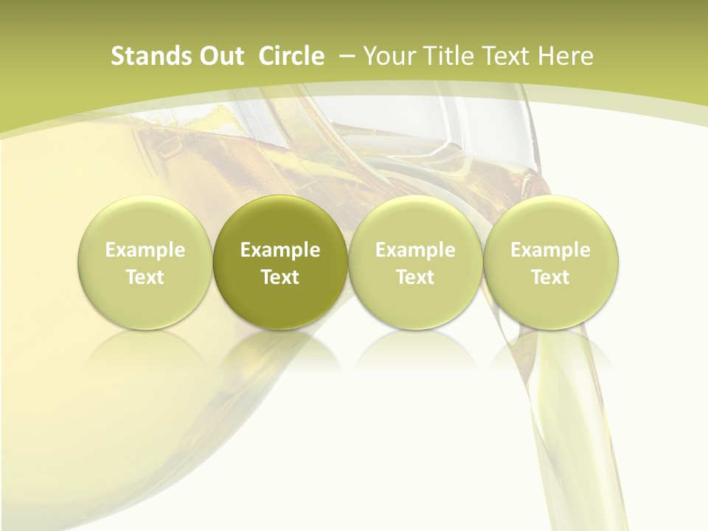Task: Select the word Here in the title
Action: click(x=566, y=56)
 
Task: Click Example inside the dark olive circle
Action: click(x=280, y=250)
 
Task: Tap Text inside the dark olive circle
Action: click(x=280, y=277)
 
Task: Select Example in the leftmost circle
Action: click(x=145, y=250)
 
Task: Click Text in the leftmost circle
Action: click(x=145, y=277)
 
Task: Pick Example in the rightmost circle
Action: click(x=550, y=250)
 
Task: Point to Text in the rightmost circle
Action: click(x=550, y=277)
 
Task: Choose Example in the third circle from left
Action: click(x=415, y=250)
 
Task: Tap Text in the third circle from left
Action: click(x=415, y=277)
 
